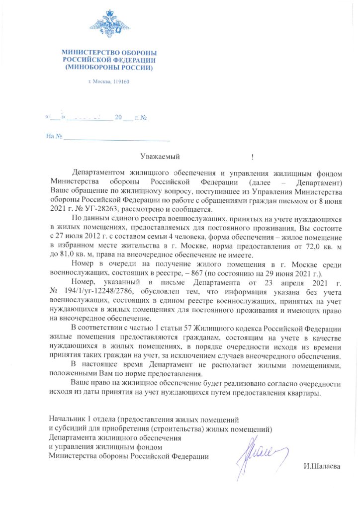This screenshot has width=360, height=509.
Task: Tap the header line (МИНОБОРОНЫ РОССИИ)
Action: tap(109, 66)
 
